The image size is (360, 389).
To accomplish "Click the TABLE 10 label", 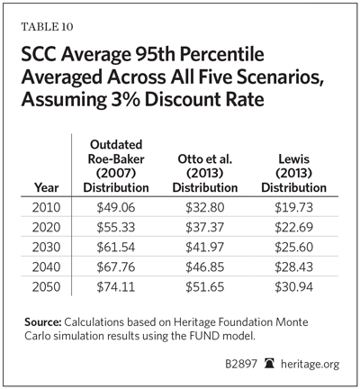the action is coord(47,27).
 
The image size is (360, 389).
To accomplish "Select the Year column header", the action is coord(47,187).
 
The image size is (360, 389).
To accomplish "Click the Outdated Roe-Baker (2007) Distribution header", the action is coord(116,166).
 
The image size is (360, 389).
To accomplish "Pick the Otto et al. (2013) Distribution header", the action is coord(205,173).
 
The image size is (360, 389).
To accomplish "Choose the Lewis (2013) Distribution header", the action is coord(294,173).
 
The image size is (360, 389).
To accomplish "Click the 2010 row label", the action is coord(47,207).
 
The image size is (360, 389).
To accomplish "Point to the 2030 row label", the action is coord(47,247).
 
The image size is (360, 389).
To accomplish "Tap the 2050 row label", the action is coord(47,287).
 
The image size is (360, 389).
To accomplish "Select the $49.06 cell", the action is coord(116,207).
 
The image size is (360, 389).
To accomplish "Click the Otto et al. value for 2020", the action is coord(205,227).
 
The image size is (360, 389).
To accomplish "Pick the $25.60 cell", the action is coord(294,247).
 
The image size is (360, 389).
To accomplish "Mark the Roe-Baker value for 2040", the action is coord(116,267).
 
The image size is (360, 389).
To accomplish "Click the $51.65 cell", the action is coord(205,287).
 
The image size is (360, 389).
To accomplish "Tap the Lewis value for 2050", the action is coord(294,287).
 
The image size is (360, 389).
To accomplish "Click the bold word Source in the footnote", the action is coord(43,322).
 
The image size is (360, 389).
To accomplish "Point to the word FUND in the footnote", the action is coord(202,336).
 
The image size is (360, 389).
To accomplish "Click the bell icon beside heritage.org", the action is coord(269,364).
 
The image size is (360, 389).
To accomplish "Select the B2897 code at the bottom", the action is coord(241,364).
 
